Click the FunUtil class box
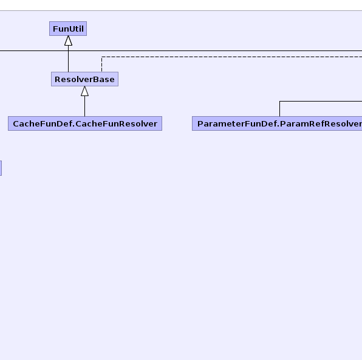pos(68,29)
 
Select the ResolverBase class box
pos(84,79)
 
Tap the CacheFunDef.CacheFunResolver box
pos(85,123)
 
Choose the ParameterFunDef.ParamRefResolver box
pos(277,123)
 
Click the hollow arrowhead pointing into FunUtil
pos(69,41)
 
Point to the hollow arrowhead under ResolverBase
pos(84,91)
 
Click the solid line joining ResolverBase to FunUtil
pos(69,59)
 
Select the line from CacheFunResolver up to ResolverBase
pos(84,106)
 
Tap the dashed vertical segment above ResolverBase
pos(101,64)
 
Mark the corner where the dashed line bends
pos(101,57)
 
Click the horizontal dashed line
pos(232,57)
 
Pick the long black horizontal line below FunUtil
pos(181,50)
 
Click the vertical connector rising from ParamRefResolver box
pos(279,109)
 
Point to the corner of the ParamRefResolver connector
pos(279,101)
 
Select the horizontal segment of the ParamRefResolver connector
pos(321,101)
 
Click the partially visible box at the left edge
pos(1,168)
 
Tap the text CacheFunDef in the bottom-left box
pos(43,123)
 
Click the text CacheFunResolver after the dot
pos(117,123)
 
